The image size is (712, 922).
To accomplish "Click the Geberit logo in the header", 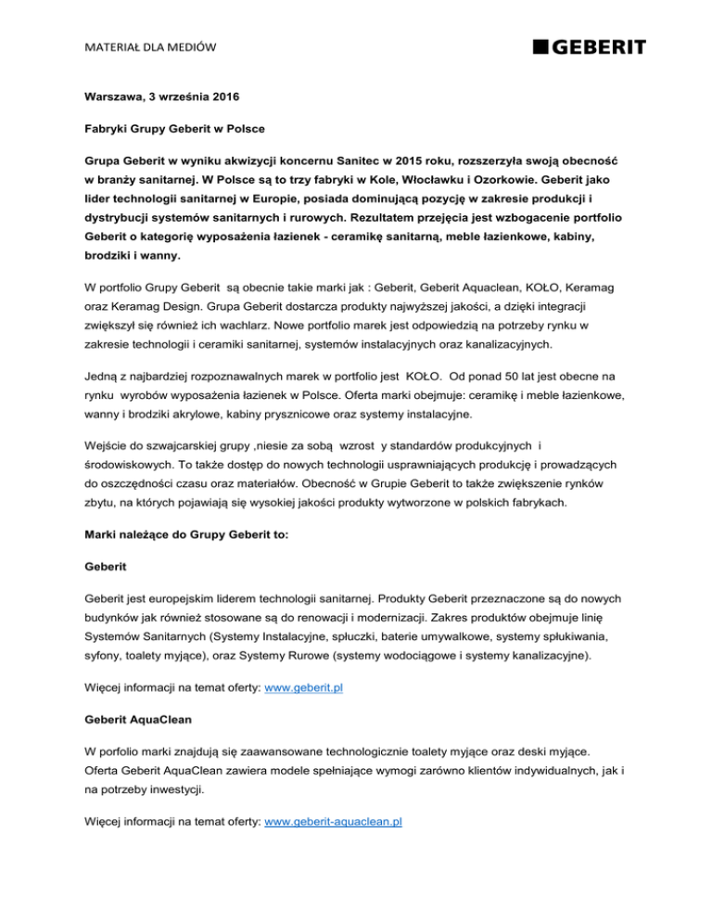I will pyautogui.click(x=589, y=47).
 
